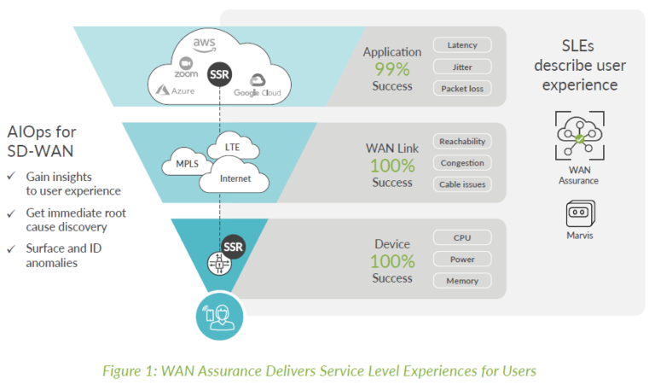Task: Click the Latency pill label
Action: tap(462, 45)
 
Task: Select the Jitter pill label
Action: tap(462, 67)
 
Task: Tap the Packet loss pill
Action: tap(462, 88)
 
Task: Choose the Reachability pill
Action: tap(462, 141)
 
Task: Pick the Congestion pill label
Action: tap(462, 162)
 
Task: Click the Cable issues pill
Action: tap(462, 184)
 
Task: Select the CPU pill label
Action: tap(462, 237)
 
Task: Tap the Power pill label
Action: tap(462, 259)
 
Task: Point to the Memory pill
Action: tap(462, 280)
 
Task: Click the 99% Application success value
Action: tap(391, 69)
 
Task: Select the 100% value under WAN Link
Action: tap(391, 166)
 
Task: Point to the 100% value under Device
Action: tap(391, 261)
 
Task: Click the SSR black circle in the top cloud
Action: tap(220, 74)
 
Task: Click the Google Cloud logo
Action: tap(257, 86)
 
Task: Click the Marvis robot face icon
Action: tap(580, 213)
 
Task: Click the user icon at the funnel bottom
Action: tap(220, 315)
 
